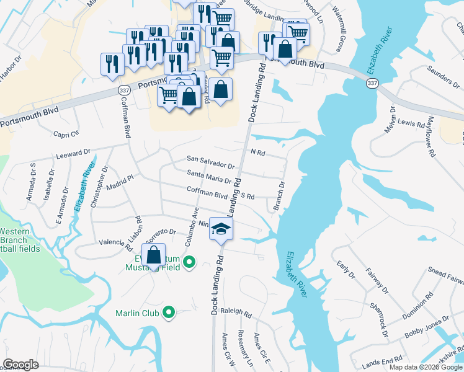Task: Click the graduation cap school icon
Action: point(220,228)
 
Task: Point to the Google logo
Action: point(20,365)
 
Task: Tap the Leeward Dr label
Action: point(73,153)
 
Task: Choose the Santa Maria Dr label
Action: point(209,177)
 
